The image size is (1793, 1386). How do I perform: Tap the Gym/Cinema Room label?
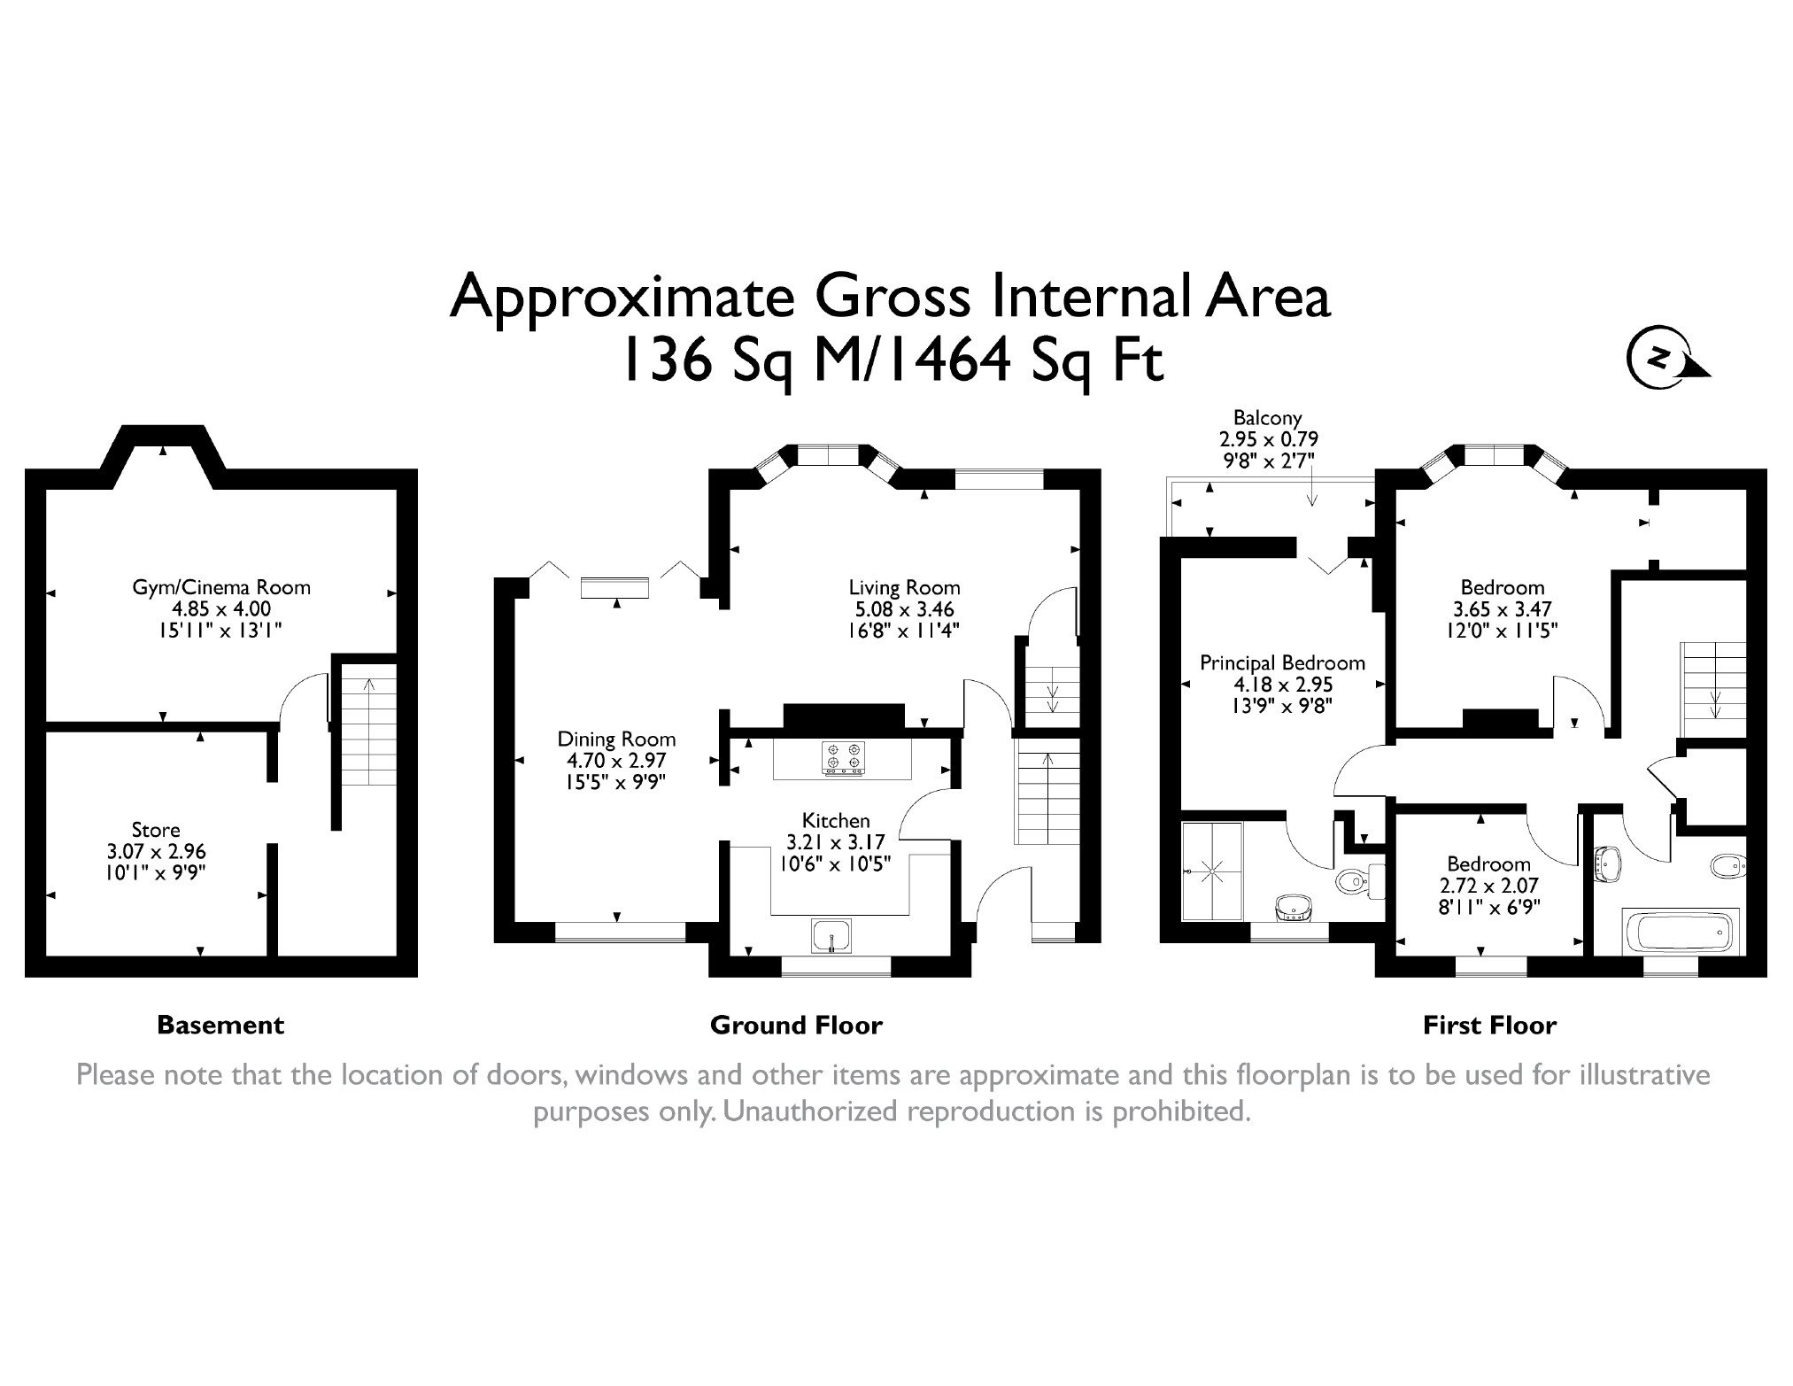click(x=221, y=586)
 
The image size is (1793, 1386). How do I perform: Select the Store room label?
click(x=156, y=830)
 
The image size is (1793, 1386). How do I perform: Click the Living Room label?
click(x=904, y=587)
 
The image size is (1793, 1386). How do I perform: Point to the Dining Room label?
click(x=616, y=739)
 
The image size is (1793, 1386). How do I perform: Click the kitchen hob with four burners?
click(x=843, y=760)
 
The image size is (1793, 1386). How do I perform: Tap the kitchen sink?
click(x=832, y=937)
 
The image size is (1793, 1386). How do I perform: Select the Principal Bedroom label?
click(x=1282, y=662)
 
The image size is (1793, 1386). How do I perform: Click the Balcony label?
click(x=1268, y=418)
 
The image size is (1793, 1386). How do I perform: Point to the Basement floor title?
click(x=220, y=1026)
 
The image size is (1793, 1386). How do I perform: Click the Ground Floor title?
click(x=796, y=1026)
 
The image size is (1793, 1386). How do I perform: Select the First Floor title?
click(x=1489, y=1026)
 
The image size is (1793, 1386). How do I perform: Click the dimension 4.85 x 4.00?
click(x=221, y=608)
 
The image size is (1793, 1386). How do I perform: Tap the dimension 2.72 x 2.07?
click(x=1488, y=886)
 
